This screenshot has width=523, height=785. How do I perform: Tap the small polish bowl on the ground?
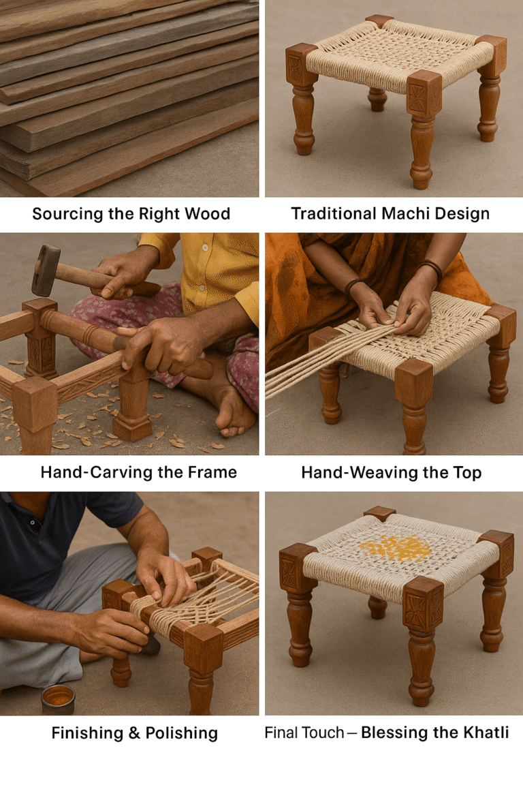(58, 699)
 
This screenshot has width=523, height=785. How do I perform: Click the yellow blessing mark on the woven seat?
(396, 548)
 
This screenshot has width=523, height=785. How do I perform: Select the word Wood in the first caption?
(208, 214)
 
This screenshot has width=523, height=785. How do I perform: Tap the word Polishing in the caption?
(182, 733)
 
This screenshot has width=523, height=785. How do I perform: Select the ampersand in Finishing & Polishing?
(134, 733)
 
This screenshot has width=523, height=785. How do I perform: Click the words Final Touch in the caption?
(304, 733)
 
